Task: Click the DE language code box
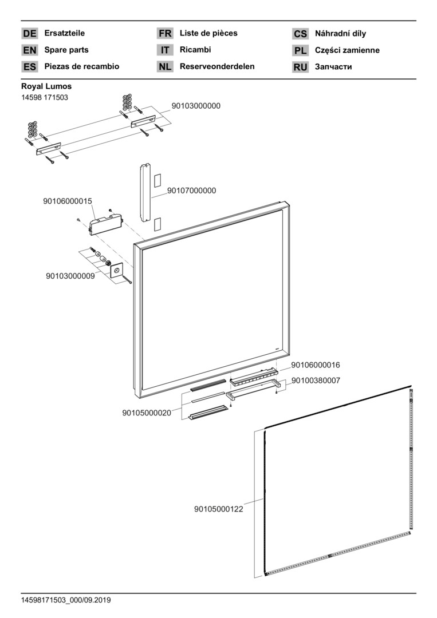click(x=30, y=34)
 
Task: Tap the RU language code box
click(x=301, y=67)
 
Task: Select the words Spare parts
click(x=66, y=50)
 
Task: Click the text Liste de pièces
click(x=208, y=33)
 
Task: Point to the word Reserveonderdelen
click(x=217, y=66)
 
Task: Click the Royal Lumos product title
click(x=46, y=86)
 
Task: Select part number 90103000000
click(x=196, y=106)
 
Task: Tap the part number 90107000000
click(x=191, y=191)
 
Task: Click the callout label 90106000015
click(x=68, y=201)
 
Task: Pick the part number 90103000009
click(x=70, y=276)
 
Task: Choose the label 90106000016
click(x=316, y=365)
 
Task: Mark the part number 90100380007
click(x=316, y=380)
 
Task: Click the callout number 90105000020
click(x=147, y=413)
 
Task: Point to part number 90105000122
click(x=219, y=509)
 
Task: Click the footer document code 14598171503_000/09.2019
click(x=66, y=600)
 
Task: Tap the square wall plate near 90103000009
click(x=117, y=271)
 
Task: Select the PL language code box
click(x=301, y=50)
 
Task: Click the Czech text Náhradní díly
click(x=341, y=33)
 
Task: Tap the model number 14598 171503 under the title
click(x=45, y=97)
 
